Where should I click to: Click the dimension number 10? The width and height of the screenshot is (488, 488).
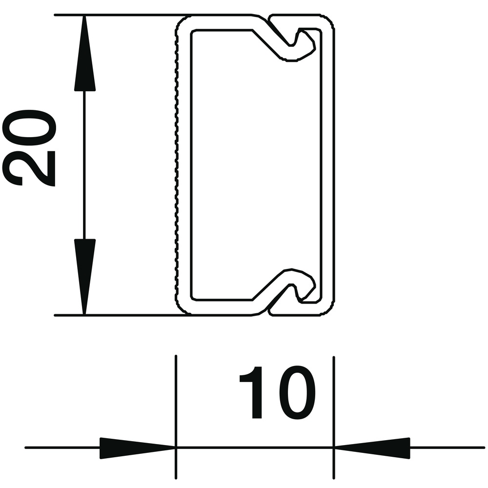tap(278, 392)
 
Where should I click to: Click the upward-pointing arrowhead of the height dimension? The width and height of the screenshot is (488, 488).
tap(84, 53)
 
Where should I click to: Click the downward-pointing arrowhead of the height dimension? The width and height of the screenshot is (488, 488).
tap(84, 277)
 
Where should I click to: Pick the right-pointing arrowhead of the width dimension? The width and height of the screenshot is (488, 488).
tap(137, 448)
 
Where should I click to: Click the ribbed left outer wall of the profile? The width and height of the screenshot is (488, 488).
tap(177, 165)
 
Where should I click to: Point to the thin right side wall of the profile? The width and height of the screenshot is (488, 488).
tap(327, 165)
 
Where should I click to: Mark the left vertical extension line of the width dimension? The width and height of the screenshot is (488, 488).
tap(176, 417)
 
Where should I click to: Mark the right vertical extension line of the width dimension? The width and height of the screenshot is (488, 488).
tap(334, 417)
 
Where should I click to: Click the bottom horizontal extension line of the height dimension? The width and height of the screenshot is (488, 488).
tap(122, 315)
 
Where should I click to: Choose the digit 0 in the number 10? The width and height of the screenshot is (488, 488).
tap(296, 392)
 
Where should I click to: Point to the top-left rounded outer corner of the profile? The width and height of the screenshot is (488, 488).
tap(180, 22)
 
